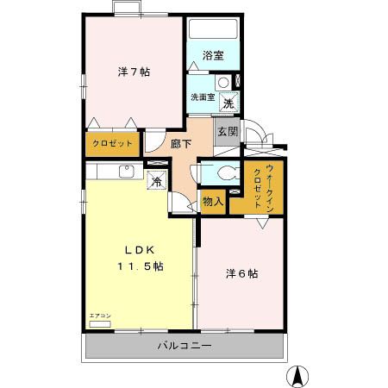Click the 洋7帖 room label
coord(134,72)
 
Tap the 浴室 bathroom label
coord(213,56)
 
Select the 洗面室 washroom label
coord(203,97)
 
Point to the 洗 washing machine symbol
coord(228,103)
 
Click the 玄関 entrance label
coord(227,132)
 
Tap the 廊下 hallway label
coord(179,145)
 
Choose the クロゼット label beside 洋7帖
coord(113,143)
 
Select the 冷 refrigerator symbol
coord(157,181)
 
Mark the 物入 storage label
coord(212,201)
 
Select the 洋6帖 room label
coord(242,274)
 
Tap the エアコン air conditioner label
coord(100,316)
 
